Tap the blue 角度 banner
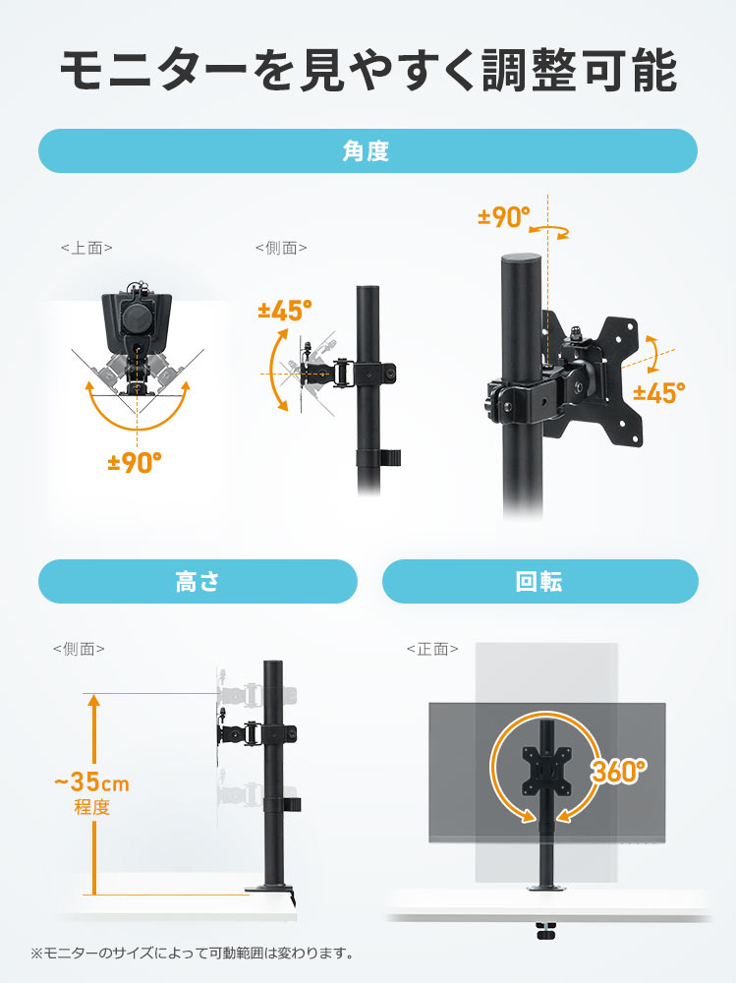[x=368, y=151]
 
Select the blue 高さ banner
[x=198, y=582]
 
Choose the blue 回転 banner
[x=540, y=582]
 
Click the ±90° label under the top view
[x=135, y=463]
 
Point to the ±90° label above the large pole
[x=504, y=217]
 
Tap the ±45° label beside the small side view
[x=285, y=311]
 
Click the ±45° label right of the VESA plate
[x=659, y=393]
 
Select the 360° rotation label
[x=618, y=771]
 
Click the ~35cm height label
[x=91, y=782]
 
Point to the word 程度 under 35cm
[x=92, y=807]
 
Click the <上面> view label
[x=86, y=249]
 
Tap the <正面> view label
[x=432, y=649]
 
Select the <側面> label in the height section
[x=79, y=649]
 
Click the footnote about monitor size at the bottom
[x=192, y=954]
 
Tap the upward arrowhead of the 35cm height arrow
[x=93, y=700]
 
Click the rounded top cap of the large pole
[x=520, y=260]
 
